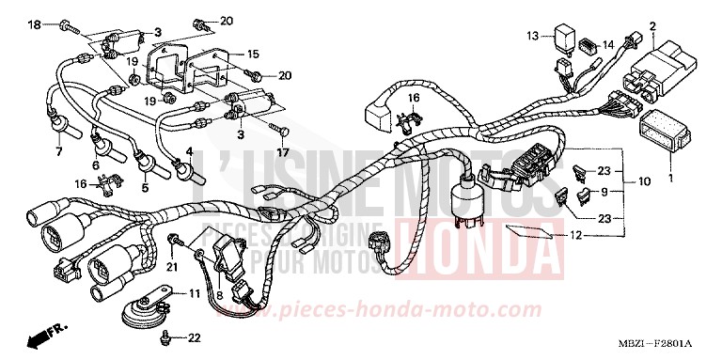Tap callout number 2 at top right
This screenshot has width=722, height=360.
click(652, 24)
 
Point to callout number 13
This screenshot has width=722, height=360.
click(531, 36)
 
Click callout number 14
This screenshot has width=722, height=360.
click(608, 43)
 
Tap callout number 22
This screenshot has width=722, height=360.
click(195, 337)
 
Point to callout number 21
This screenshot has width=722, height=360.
click(171, 268)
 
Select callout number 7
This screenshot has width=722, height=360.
click(58, 150)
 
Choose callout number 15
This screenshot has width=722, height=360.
click(253, 55)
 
